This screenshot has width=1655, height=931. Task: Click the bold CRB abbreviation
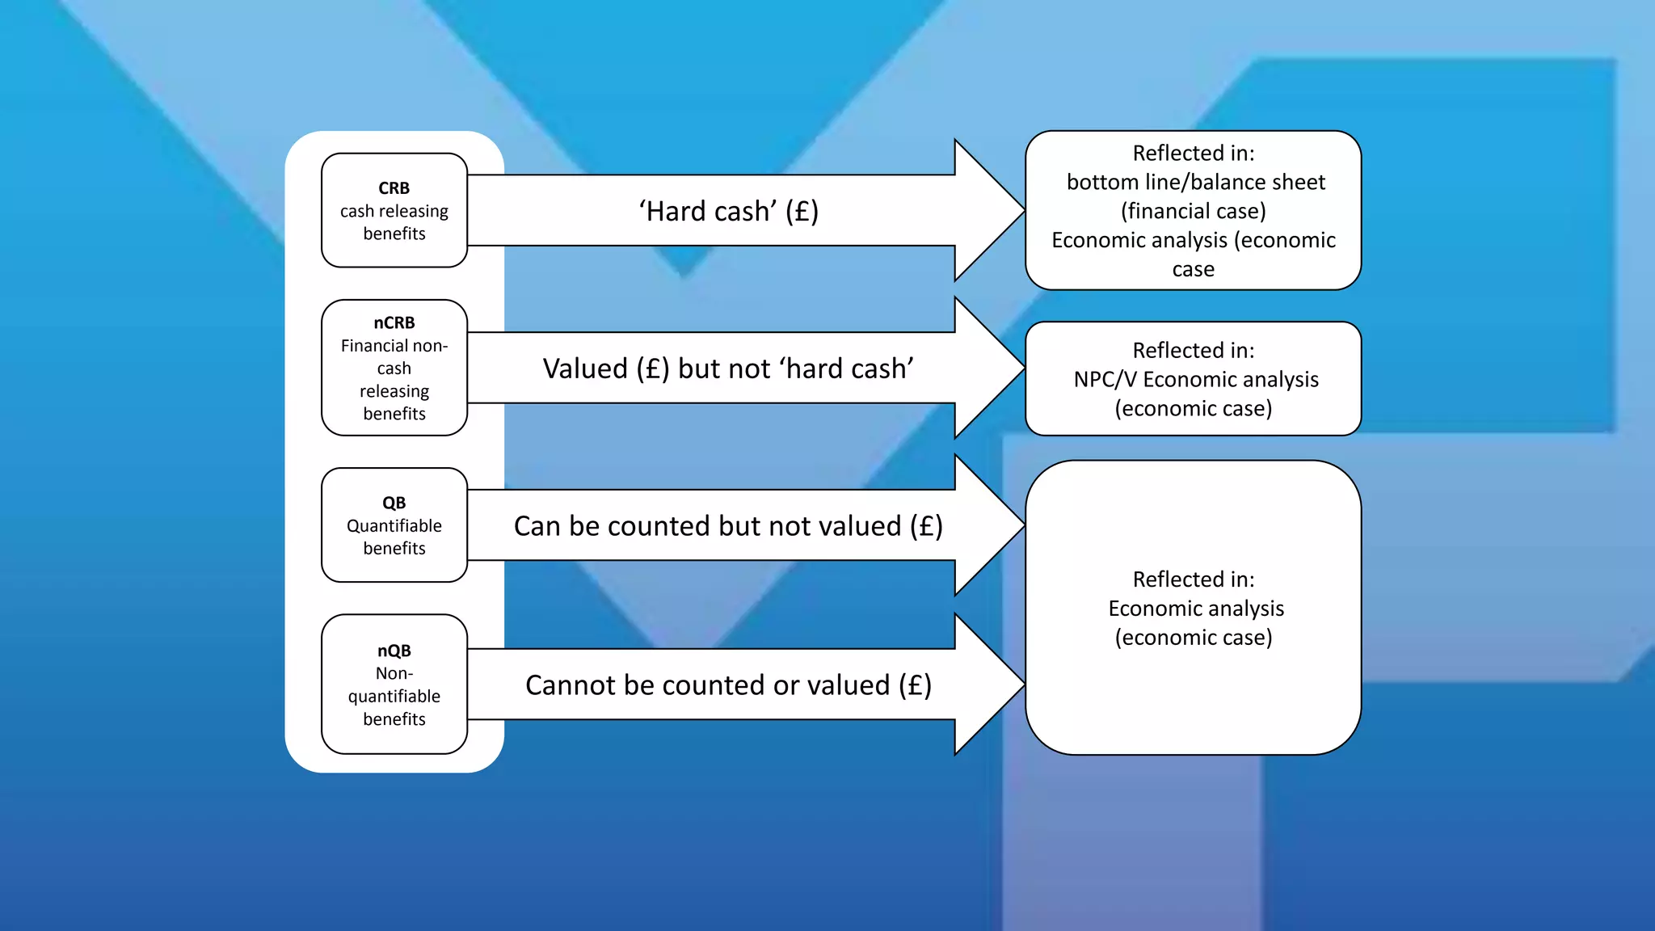[x=394, y=188]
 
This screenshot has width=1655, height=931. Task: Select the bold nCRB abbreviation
[x=394, y=323]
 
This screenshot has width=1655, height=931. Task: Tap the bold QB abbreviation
[x=394, y=503]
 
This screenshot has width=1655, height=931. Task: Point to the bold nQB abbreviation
[x=394, y=651]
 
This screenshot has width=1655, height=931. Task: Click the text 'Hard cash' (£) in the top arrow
[x=728, y=211]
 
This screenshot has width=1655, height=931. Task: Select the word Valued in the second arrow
[x=585, y=369]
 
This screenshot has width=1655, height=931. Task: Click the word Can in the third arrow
[x=537, y=526]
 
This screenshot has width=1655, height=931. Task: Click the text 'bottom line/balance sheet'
[x=1195, y=183]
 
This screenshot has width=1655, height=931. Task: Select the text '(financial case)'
[x=1193, y=212]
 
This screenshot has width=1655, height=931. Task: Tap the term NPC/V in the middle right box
[x=1105, y=380]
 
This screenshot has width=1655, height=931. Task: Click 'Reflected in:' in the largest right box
[x=1193, y=579]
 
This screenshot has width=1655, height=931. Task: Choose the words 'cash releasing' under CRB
[x=394, y=211]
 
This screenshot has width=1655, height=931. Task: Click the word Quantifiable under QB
[x=394, y=526]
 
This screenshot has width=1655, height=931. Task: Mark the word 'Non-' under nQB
[x=394, y=673]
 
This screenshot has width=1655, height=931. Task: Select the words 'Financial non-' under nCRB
[x=394, y=346]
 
